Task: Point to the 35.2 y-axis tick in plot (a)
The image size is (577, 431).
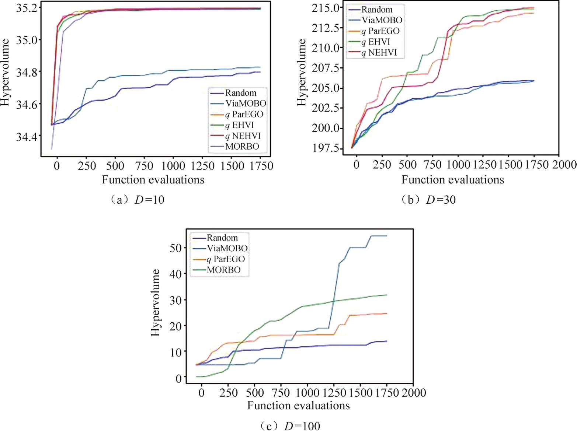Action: click(x=28, y=7)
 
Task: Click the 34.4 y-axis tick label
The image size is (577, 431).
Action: click(x=28, y=137)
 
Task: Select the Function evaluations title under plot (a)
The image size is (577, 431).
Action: click(x=153, y=180)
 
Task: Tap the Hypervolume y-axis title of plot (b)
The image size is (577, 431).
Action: click(x=302, y=72)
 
